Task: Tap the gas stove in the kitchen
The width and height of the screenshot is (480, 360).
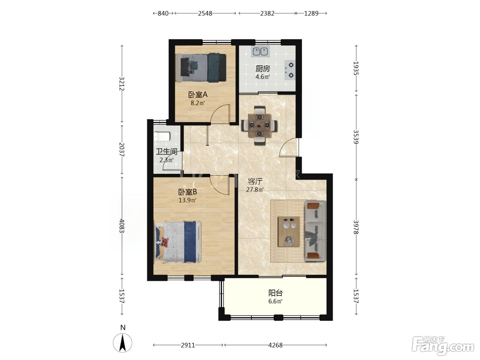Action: tap(290, 70)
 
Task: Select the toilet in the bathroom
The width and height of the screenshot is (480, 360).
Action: tap(162, 136)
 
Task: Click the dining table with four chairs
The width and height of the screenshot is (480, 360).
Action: tap(259, 125)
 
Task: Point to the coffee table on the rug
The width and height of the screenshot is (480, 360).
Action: tap(289, 232)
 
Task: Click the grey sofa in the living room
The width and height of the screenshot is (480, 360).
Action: tap(315, 231)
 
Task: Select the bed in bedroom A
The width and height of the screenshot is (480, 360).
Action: tap(201, 68)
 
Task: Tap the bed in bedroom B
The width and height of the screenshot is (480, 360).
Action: tap(178, 241)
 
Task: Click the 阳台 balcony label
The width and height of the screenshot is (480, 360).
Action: tap(275, 293)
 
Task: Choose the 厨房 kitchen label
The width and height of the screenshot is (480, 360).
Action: tap(263, 69)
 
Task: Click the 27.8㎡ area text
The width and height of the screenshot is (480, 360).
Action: tap(255, 190)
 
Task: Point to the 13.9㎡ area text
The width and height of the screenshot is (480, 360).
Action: tap(188, 200)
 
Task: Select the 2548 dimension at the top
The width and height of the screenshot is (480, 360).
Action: tap(205, 13)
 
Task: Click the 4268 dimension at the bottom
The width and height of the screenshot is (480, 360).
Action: tap(275, 345)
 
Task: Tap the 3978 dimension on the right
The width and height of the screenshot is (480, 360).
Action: tap(356, 227)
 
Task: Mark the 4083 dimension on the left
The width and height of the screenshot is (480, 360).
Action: tap(122, 226)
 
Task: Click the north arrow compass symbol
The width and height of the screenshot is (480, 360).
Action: tap(122, 343)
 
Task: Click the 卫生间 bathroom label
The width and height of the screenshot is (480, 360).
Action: tap(166, 152)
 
